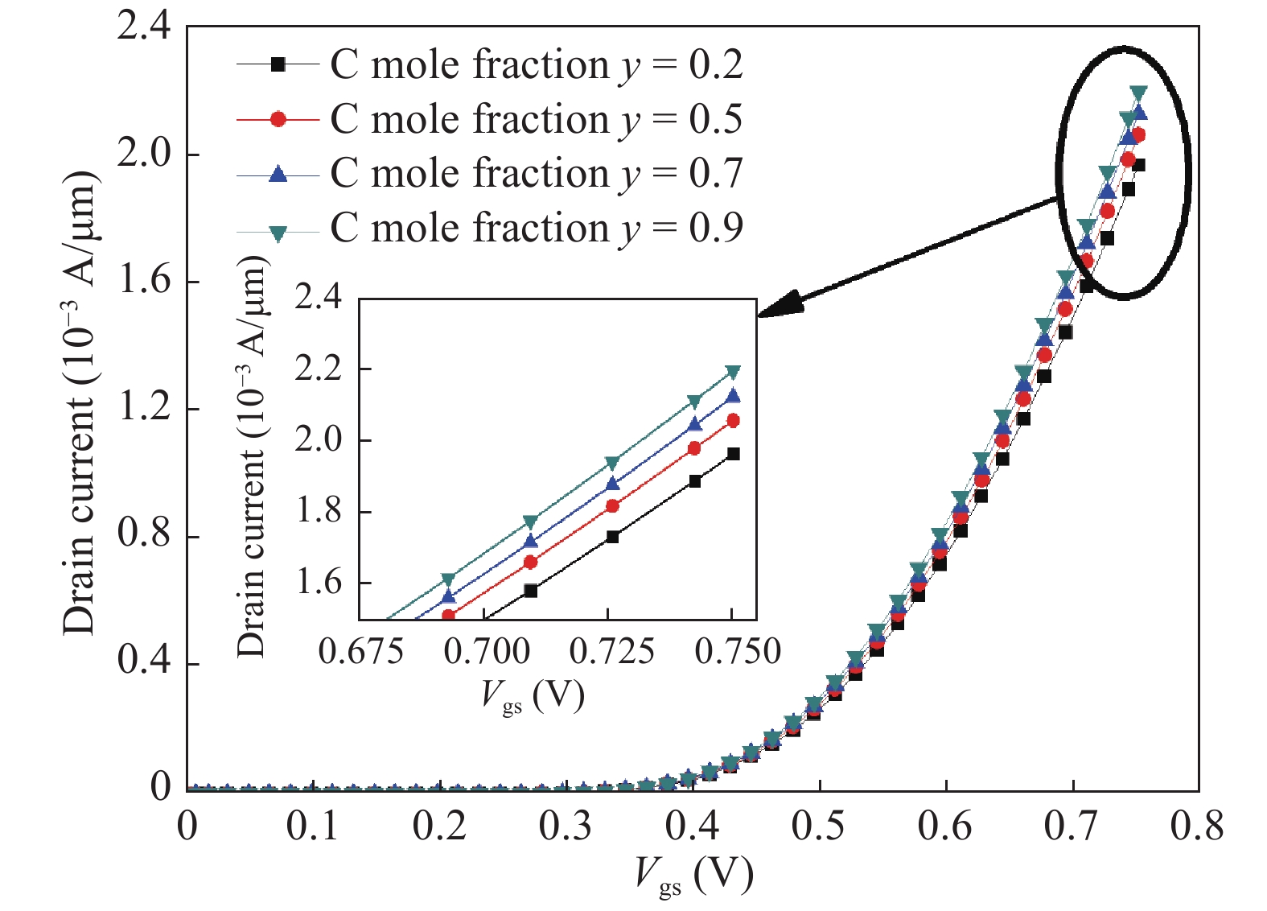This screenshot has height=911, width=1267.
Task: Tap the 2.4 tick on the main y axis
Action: (x=145, y=27)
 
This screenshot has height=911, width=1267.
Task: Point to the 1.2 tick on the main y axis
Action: (x=145, y=409)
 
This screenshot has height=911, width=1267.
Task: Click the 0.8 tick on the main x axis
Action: (x=1197, y=826)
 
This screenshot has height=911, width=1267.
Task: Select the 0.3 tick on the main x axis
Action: (x=566, y=826)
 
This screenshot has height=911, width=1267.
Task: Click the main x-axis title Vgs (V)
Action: (x=693, y=876)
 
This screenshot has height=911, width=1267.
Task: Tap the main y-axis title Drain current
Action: (x=81, y=402)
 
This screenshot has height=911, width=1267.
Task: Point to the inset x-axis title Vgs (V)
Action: (x=533, y=695)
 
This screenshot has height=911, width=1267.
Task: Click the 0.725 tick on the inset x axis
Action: (x=611, y=651)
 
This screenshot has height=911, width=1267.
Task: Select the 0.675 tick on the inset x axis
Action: (x=360, y=651)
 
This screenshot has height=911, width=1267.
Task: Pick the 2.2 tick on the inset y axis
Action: (x=319, y=369)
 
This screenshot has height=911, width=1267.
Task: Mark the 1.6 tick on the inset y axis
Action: (x=319, y=583)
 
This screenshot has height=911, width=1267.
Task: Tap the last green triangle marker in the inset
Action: (x=732, y=372)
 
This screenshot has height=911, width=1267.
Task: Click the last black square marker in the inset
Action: (x=732, y=454)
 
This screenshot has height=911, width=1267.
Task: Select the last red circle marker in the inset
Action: (x=732, y=421)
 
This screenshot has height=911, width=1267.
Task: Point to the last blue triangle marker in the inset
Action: (x=732, y=396)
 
